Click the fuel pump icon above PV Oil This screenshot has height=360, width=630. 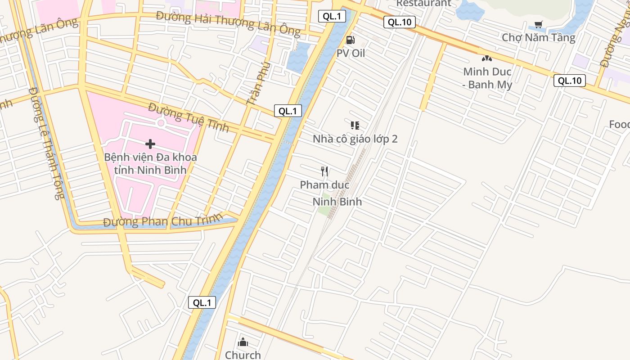tap(350, 40)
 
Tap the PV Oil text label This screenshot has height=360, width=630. tap(351, 53)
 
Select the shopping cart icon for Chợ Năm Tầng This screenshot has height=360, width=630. tap(538, 24)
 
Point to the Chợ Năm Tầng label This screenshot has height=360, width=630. tap(538, 37)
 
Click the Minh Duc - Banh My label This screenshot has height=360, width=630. tap(487, 78)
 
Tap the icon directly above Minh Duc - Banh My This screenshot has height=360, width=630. tap(487, 58)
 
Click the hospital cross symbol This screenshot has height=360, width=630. tap(150, 144)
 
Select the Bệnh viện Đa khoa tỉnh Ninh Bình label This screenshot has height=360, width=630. tap(150, 164)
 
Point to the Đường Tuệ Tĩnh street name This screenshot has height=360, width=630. tap(189, 117)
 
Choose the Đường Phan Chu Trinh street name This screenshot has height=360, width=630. tap(163, 221)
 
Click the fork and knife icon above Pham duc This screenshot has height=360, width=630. tap(324, 171)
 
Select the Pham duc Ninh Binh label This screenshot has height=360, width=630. tap(331, 193)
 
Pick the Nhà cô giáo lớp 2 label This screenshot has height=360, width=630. tap(355, 139)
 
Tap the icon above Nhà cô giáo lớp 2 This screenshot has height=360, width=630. tap(355, 126)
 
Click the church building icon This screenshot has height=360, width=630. tap(243, 342)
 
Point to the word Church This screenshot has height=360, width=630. tap(243, 355)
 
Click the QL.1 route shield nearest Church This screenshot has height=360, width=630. tap(202, 302)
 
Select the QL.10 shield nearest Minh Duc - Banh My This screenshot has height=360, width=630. tap(570, 81)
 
